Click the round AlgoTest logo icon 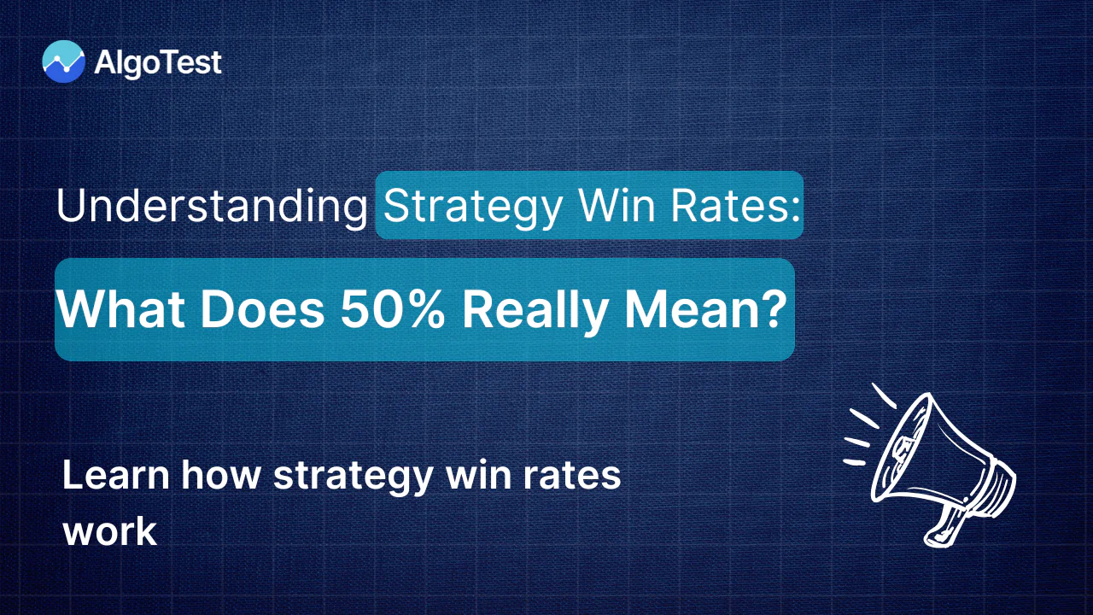[63, 61]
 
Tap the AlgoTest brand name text [158, 63]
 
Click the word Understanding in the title [212, 206]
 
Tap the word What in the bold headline [121, 309]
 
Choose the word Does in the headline [262, 309]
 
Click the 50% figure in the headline [393, 309]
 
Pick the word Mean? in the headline [705, 309]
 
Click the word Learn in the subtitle [115, 475]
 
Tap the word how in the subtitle [221, 475]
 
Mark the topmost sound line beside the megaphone [884, 395]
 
